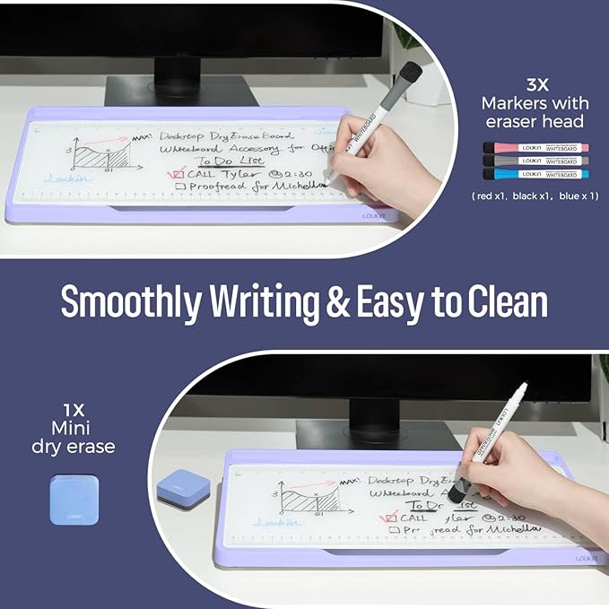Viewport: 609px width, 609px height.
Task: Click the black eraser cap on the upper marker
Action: coord(409,73)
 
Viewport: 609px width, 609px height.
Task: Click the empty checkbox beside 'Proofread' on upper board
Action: coord(179,187)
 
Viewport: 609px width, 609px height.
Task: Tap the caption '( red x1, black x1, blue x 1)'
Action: coord(535,196)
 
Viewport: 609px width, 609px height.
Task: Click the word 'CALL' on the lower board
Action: coord(413,518)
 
